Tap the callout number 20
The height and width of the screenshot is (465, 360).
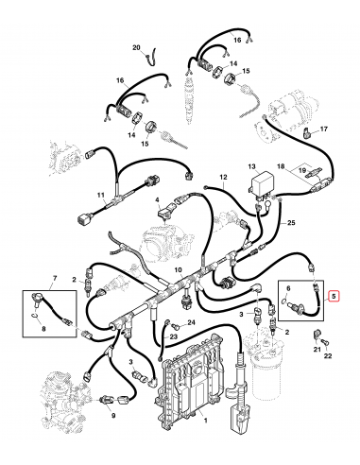pos(135,47)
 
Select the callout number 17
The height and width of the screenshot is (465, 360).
pos(324,129)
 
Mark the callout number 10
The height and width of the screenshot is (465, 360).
pos(178,270)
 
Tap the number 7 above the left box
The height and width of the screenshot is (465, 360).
pos(54,278)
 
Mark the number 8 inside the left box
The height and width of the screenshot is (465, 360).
pos(40,328)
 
